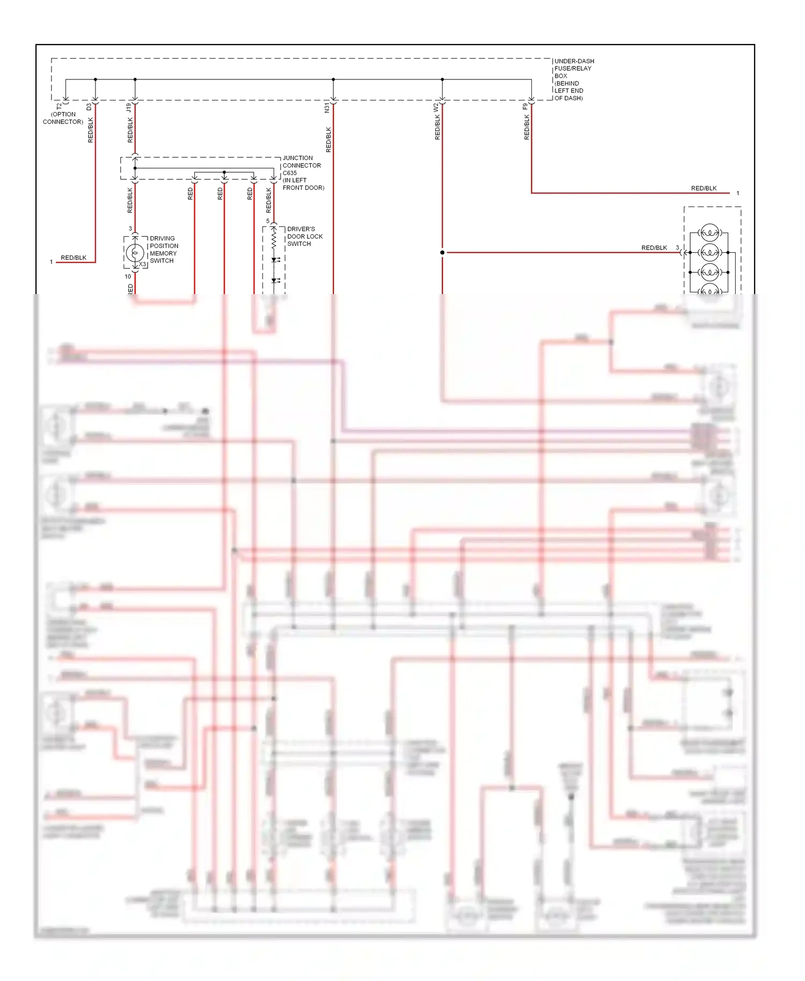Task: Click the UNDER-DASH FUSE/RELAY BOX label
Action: click(x=573, y=79)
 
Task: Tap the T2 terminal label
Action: click(x=59, y=107)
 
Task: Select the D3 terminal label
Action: click(x=89, y=107)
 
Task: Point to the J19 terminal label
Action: click(x=128, y=107)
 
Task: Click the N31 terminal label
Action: click(x=327, y=108)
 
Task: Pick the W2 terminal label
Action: click(x=436, y=107)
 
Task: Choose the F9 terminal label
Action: click(x=525, y=107)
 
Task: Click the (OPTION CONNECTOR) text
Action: click(x=63, y=118)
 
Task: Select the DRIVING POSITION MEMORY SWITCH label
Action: click(x=163, y=249)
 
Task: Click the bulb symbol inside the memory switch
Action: click(x=135, y=252)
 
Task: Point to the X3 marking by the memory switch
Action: click(x=143, y=264)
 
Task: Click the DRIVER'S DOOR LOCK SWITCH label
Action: click(x=304, y=236)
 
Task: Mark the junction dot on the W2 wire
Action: click(x=442, y=252)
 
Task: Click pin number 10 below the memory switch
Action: click(x=128, y=276)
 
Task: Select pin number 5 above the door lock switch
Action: click(x=268, y=221)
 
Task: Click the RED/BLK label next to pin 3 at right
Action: click(x=654, y=248)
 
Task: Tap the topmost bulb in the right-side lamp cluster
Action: click(x=709, y=232)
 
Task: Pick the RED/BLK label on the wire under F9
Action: click(x=526, y=127)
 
